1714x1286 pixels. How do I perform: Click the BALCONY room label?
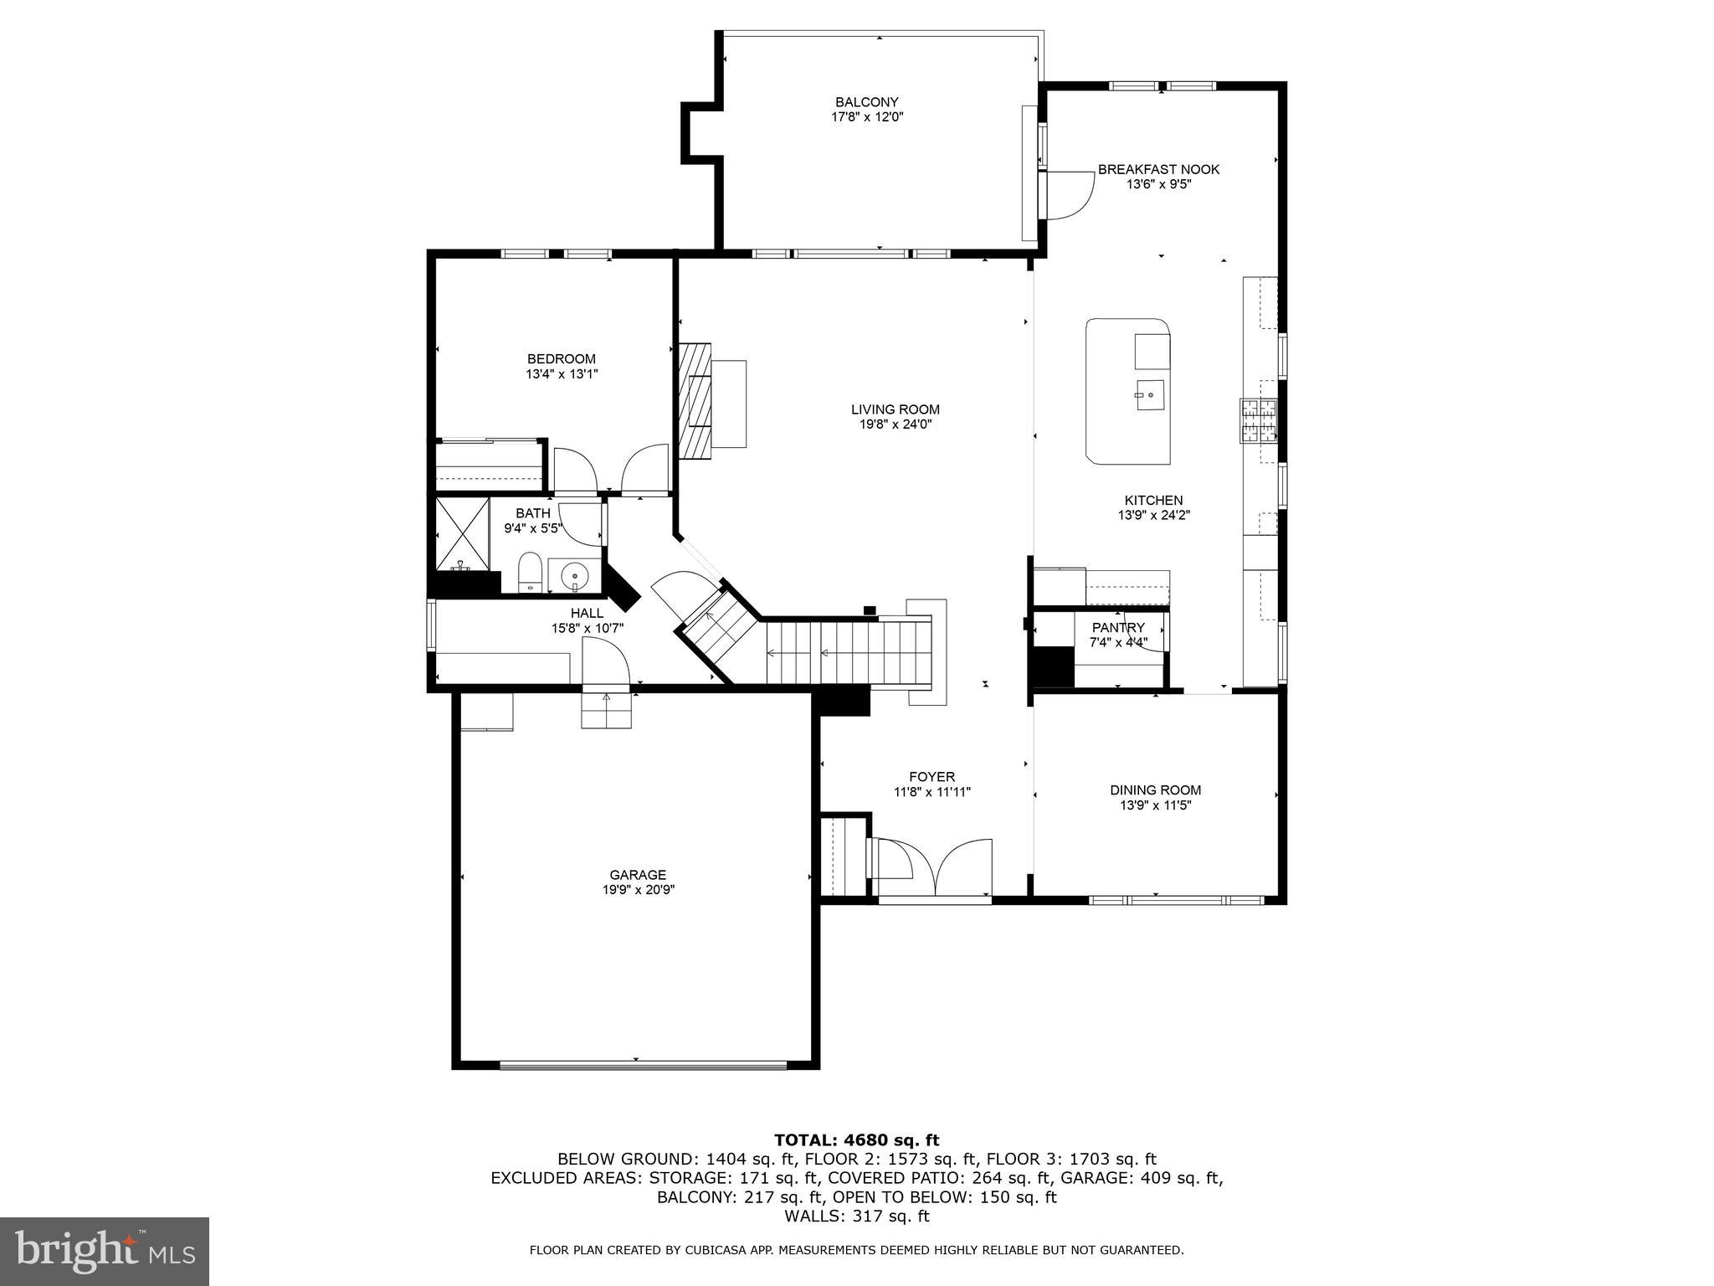coord(866,102)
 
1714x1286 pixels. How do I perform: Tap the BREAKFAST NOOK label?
coord(1158,169)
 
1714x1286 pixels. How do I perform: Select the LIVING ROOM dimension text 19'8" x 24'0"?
coord(895,424)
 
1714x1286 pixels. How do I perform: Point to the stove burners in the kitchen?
coord(1259,421)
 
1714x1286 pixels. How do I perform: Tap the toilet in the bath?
coord(530,572)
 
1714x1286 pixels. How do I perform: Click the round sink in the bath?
coord(574,576)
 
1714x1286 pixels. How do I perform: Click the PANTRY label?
coord(1118,628)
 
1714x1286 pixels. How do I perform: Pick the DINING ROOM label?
coord(1155,790)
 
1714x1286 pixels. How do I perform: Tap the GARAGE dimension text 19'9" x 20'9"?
coord(638,890)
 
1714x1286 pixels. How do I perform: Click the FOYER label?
coord(931,777)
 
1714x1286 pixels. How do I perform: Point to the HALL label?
coord(587,613)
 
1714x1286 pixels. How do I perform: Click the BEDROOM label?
coord(561,359)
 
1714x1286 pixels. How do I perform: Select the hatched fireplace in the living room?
coord(695,401)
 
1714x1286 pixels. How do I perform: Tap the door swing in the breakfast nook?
coord(1070,195)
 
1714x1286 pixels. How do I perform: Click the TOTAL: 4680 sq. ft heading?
coord(856,1139)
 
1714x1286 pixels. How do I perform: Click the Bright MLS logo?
coord(105,1252)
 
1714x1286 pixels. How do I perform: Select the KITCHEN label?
coord(1153,501)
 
